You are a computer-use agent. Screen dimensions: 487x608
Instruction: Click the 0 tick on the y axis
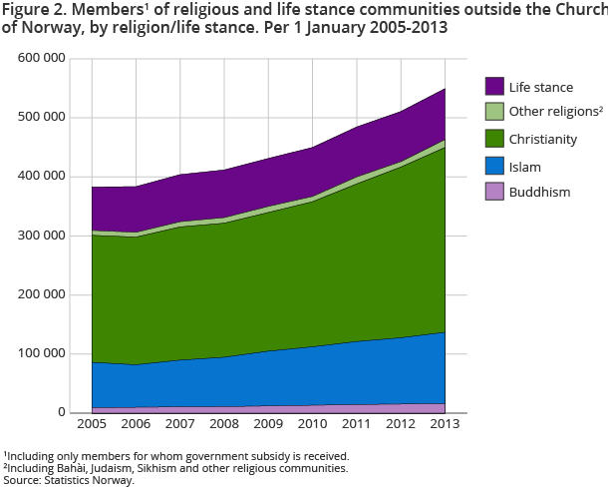coord(63,413)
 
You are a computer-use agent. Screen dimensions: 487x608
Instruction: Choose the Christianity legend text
coord(542,140)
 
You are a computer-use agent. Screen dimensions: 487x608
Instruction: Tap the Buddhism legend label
coord(539,192)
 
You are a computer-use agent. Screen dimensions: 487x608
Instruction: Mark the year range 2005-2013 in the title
coord(402,28)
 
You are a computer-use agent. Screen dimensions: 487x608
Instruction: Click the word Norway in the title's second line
coord(47,28)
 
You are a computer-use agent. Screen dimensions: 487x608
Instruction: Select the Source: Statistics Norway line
coord(68,480)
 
